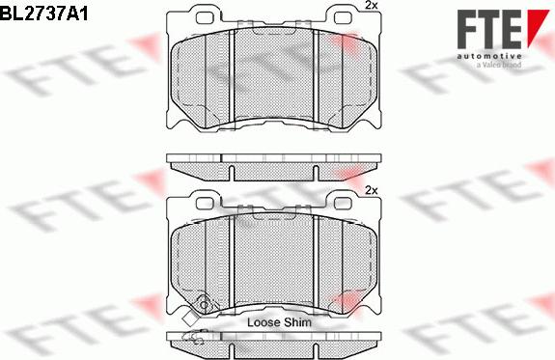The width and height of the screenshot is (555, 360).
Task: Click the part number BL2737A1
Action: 43,14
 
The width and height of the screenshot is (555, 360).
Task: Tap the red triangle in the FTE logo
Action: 536,25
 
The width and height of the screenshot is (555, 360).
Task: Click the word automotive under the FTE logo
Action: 488,56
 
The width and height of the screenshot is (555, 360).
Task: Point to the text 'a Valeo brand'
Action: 499,65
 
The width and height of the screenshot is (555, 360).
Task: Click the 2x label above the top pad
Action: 372,6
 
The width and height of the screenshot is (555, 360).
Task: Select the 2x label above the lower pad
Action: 372,190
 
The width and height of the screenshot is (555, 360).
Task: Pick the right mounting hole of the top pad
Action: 343,17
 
